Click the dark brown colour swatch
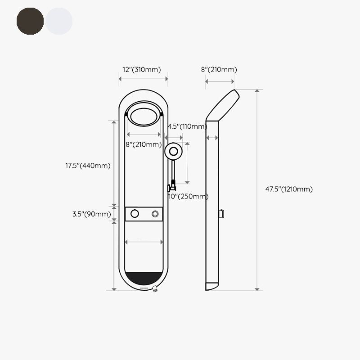pyautogui.click(x=30, y=21)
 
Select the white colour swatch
pyautogui.click(x=58, y=21)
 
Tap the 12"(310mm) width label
pyautogui.click(x=142, y=70)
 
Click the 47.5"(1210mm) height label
pyautogui.click(x=288, y=189)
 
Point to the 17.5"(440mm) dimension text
pyautogui.click(x=88, y=166)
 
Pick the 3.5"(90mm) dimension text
pyautogui.click(x=91, y=214)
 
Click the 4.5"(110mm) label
pyautogui.click(x=187, y=126)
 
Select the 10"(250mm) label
pyautogui.click(x=188, y=197)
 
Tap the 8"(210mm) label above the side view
pyautogui.click(x=219, y=70)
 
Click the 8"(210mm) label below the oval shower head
pyautogui.click(x=144, y=144)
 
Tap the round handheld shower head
pyautogui.click(x=173, y=152)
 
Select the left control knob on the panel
pyautogui.click(x=133, y=213)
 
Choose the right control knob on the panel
pyautogui.click(x=156, y=213)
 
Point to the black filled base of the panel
pyautogui.click(x=144, y=279)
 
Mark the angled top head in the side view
pyautogui.click(x=223, y=104)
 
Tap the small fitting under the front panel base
pyautogui.click(x=156, y=290)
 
